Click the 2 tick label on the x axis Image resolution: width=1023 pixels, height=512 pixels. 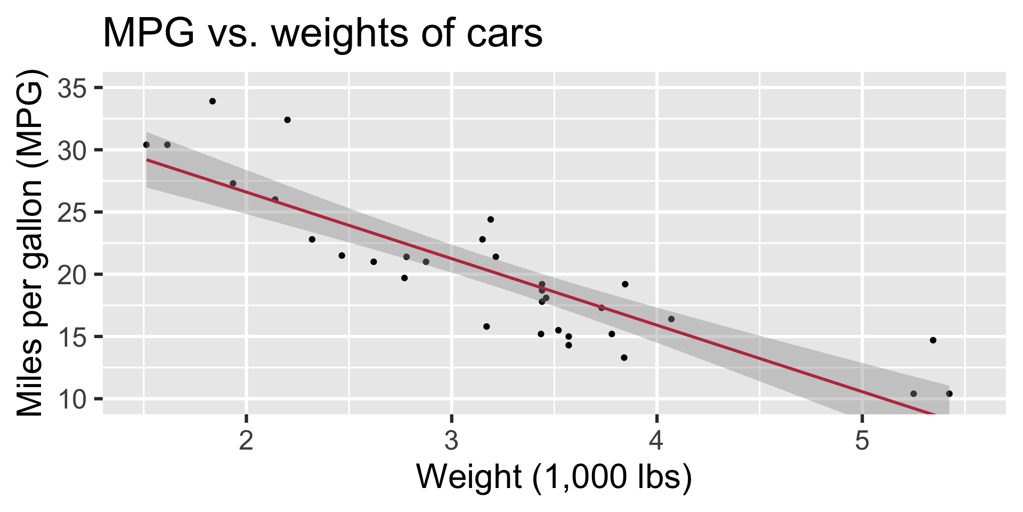246,442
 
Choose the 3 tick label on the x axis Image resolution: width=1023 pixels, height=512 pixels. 452,442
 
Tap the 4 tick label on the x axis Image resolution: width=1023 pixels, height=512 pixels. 657,442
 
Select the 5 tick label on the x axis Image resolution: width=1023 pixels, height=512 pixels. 862,442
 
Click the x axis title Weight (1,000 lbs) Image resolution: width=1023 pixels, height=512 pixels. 554,476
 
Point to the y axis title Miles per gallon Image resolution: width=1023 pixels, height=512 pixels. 30,243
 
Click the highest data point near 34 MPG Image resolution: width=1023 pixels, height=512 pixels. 213,101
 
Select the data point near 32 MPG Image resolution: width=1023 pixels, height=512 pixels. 287,120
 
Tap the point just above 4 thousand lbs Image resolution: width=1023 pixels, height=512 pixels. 671,319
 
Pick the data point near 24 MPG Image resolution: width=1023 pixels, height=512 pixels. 491,220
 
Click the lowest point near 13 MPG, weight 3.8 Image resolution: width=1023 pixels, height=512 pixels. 624,358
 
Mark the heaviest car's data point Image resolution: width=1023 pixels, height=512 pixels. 949,394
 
